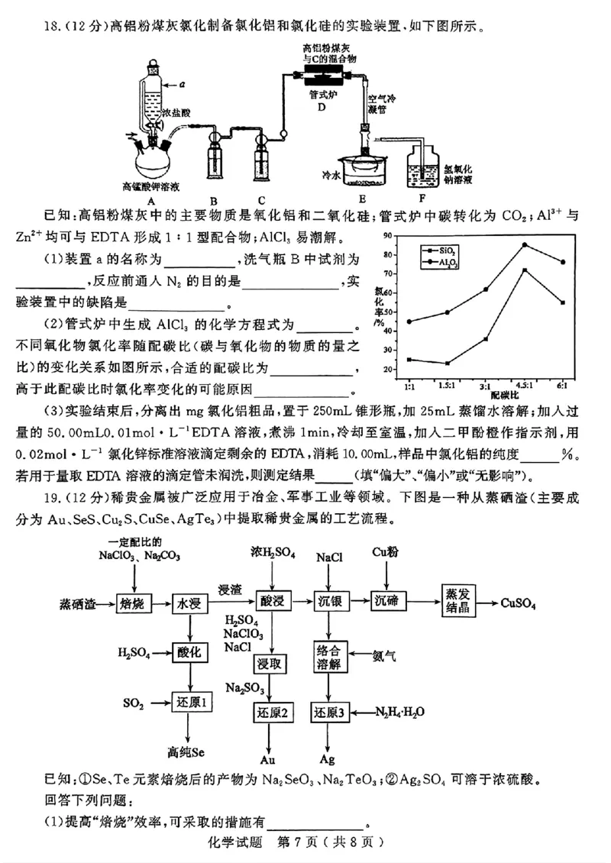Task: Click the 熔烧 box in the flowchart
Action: pos(133,604)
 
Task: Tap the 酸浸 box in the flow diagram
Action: pos(272,603)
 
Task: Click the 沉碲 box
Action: pos(390,603)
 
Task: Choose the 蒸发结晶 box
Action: pos(462,603)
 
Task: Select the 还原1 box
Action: pos(189,701)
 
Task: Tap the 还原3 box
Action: pos(331,713)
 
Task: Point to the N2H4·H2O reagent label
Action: pos(400,712)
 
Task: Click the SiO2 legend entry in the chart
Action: pos(442,250)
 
